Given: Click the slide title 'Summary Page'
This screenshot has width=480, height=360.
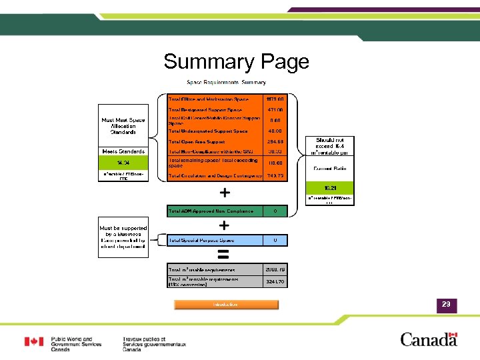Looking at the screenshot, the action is [236, 62].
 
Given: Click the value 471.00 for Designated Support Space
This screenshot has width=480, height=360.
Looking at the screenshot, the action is [275, 110].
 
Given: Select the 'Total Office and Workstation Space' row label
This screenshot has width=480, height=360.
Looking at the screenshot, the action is [209, 99].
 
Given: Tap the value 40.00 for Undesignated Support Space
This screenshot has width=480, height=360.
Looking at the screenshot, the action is [275, 131].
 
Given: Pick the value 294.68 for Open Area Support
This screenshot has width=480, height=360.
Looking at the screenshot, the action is [275, 142].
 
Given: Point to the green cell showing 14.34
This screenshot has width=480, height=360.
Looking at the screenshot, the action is [123, 163].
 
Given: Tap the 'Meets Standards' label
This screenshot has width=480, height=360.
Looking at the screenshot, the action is [123, 151].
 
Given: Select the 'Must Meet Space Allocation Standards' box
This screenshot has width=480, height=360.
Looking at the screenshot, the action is [123, 126].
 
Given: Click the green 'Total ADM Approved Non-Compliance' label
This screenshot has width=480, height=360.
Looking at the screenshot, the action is [211, 211].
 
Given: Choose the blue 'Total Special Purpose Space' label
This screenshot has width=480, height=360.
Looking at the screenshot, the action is [211, 240].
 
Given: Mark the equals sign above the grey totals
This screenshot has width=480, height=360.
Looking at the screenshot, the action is [224, 254].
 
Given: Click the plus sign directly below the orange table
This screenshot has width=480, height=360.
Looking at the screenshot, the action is [225, 193].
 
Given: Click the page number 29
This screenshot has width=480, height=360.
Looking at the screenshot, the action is [445, 305].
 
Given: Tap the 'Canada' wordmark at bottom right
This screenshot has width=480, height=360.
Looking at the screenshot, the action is [429, 339].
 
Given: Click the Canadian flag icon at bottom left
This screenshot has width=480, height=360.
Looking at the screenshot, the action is [34, 342].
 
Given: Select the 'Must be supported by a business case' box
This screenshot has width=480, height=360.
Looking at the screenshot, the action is [123, 237].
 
